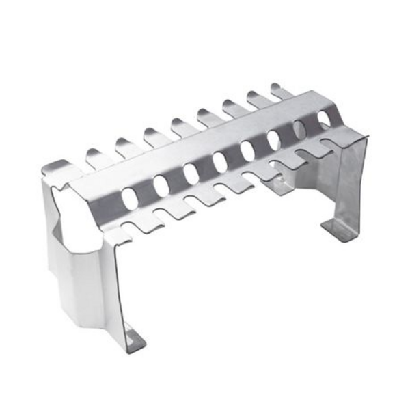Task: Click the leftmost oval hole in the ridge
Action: pos(129,197)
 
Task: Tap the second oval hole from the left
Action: pos(161,185)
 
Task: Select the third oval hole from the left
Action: pos(191,174)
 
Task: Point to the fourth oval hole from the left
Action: pos(220,162)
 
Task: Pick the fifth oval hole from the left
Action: pos(248,150)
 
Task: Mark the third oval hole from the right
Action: pos(274,139)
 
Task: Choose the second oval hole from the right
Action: pos(300,129)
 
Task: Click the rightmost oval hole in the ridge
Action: pos(323,120)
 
